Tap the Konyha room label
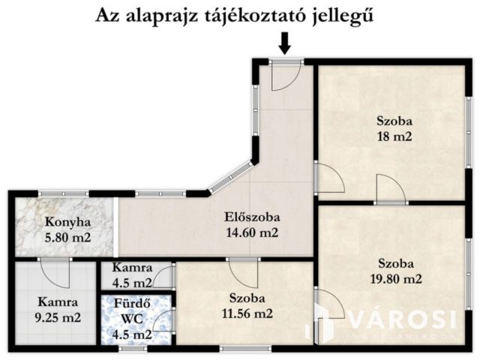click(67, 222)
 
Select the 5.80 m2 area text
click(67, 237)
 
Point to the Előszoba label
click(252, 217)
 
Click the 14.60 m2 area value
click(252, 232)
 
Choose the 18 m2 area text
click(394, 136)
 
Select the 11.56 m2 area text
click(247, 313)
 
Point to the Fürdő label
click(131, 304)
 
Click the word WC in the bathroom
click(132, 319)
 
